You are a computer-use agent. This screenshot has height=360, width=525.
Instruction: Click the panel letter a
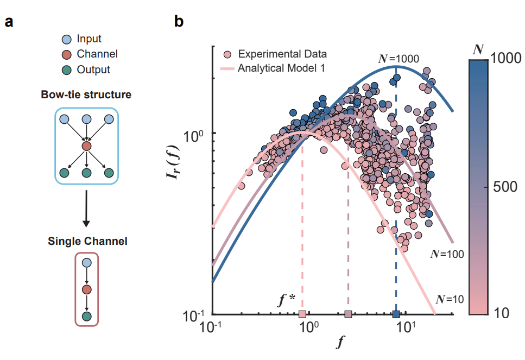[9, 22]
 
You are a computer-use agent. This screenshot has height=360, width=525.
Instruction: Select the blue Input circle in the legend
[67, 39]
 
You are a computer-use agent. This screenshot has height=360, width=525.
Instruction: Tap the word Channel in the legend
[97, 54]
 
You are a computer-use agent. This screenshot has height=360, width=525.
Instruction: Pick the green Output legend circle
[67, 70]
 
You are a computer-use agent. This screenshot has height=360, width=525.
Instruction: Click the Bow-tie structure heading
[86, 94]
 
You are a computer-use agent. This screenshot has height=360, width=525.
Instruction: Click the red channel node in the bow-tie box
[86, 146]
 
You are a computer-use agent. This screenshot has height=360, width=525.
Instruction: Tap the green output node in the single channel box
[86, 315]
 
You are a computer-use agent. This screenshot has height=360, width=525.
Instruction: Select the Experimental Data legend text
[282, 54]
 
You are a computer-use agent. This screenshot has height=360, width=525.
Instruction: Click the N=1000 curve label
[399, 58]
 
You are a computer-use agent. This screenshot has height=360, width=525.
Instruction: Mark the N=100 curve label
[445, 254]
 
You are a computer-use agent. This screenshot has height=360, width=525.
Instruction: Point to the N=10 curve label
[450, 298]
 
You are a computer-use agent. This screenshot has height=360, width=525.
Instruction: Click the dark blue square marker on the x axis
[396, 314]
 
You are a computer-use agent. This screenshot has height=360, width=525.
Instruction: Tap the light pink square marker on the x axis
[302, 314]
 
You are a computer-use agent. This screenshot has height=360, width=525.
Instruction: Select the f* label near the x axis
[286, 300]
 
